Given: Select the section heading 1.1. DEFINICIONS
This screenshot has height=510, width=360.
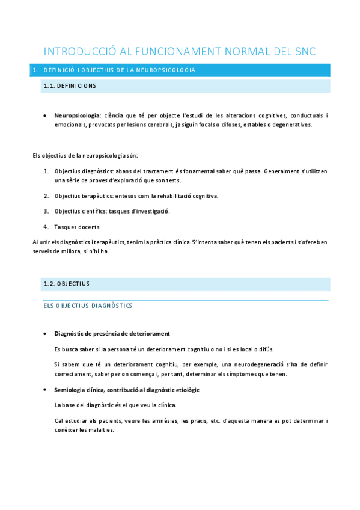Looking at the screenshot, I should click(70, 86).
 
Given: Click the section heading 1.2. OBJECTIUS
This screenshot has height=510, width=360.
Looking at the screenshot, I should click(66, 283).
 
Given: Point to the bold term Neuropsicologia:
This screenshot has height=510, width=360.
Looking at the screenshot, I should click(77, 115).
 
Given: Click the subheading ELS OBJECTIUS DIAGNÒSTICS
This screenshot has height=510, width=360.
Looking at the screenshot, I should click(88, 306).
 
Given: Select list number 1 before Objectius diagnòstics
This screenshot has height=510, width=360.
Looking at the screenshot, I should click(46, 171).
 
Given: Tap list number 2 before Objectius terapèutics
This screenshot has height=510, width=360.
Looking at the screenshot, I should click(46, 196).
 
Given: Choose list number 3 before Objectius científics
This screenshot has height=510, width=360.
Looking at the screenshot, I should click(46, 211).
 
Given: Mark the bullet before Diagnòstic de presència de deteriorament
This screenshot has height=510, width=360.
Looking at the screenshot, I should click(46, 334).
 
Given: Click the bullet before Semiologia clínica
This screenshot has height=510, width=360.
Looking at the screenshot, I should click(46, 390).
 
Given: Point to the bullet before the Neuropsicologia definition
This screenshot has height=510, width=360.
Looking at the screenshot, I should click(46, 115).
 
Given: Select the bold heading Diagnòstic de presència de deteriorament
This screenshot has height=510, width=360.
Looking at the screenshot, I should click(112, 334).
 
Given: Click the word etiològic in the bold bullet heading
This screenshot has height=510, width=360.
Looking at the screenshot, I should click(186, 390).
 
